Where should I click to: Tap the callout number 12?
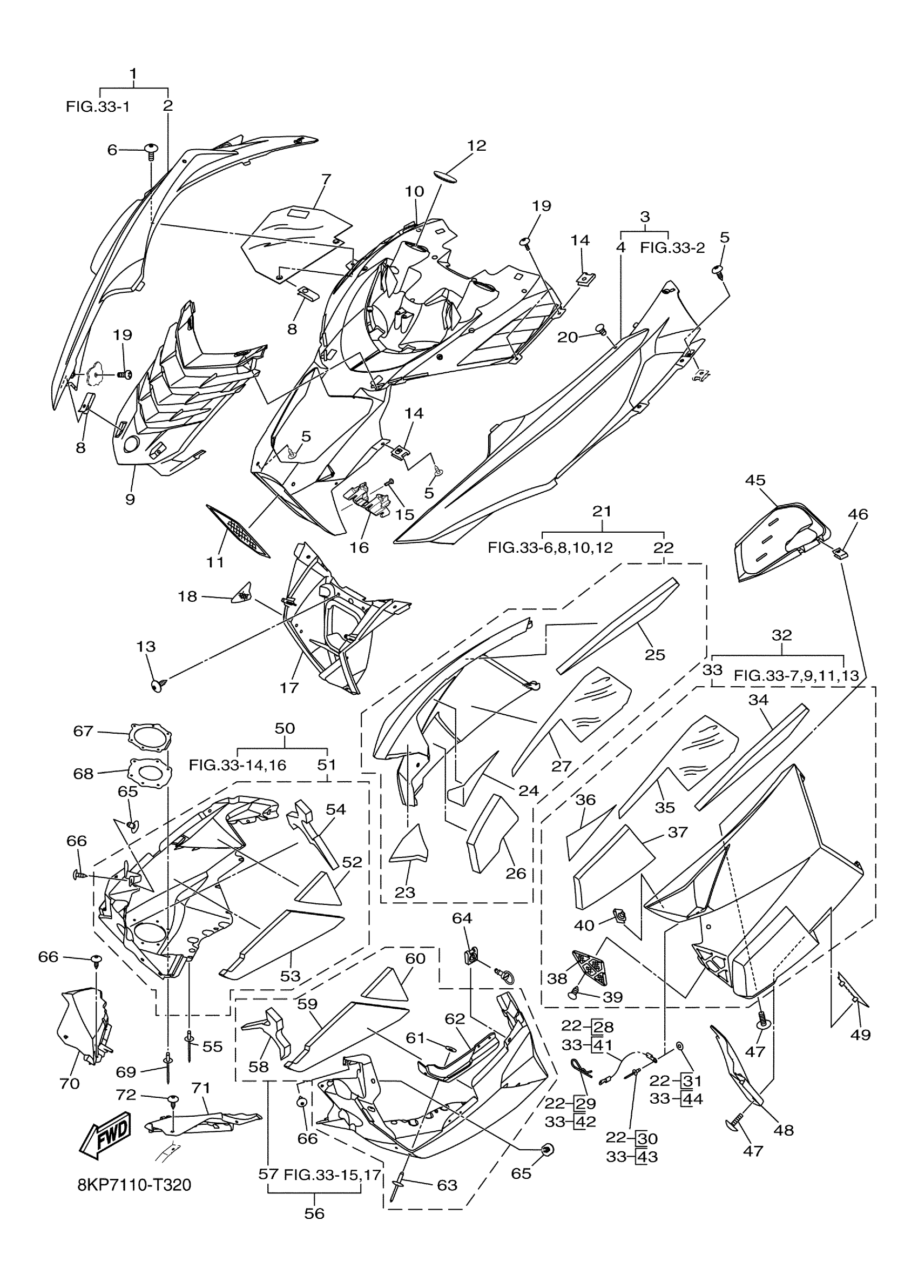pos(477,146)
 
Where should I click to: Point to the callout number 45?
pos(755,480)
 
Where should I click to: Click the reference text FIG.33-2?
pos(672,247)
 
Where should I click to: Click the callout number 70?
pos(70,1084)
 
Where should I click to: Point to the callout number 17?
pos(289,687)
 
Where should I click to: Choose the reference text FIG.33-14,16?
pos(238,765)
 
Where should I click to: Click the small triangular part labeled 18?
pos(241,592)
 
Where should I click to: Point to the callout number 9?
pos(130,499)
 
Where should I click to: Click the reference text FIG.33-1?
pos(98,106)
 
